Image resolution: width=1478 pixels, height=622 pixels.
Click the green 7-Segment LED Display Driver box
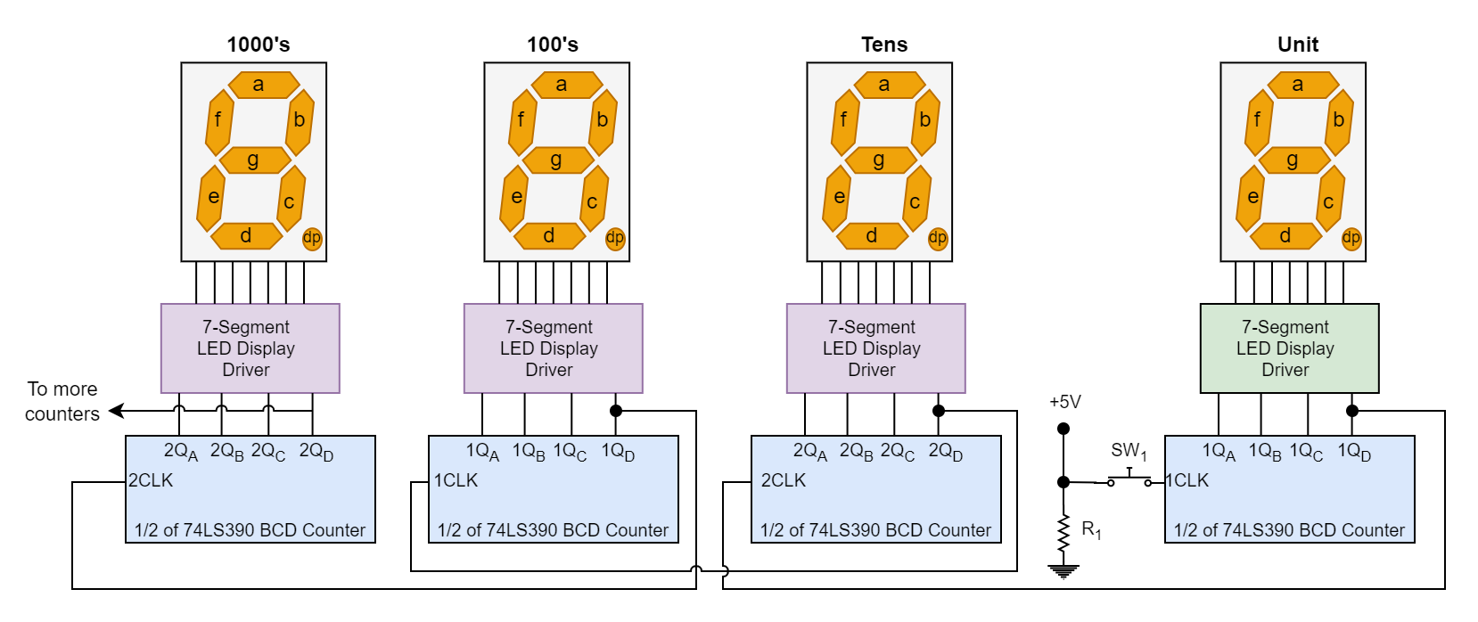point(1288,348)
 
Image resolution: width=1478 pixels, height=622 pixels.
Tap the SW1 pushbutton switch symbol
point(1129,479)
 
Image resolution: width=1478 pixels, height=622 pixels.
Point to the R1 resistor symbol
point(1063,534)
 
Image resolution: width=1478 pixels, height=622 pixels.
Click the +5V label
point(1065,402)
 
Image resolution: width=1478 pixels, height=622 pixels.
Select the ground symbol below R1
point(1063,571)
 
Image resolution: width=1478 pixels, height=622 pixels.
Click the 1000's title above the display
point(259,45)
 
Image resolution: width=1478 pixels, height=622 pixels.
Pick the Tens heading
point(884,45)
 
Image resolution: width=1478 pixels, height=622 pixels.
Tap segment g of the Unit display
point(1293,160)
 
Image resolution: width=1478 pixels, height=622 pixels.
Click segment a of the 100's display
point(562,85)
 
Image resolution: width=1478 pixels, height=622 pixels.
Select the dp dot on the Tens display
point(938,238)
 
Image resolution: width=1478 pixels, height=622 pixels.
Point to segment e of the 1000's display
point(213,197)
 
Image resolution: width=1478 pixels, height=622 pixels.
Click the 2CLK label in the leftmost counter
point(151,480)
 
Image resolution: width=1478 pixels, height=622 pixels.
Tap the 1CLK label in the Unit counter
point(1187,480)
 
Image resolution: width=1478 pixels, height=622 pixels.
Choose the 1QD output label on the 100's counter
point(618,452)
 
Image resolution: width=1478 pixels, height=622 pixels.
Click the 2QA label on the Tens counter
point(809,452)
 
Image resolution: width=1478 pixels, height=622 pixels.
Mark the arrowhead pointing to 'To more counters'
point(116,411)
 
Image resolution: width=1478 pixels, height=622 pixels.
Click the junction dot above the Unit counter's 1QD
point(1352,411)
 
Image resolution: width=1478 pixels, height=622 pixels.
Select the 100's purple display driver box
point(553,348)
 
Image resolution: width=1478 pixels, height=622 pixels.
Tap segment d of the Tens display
point(872,236)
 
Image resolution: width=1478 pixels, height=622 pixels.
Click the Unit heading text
point(1298,45)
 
